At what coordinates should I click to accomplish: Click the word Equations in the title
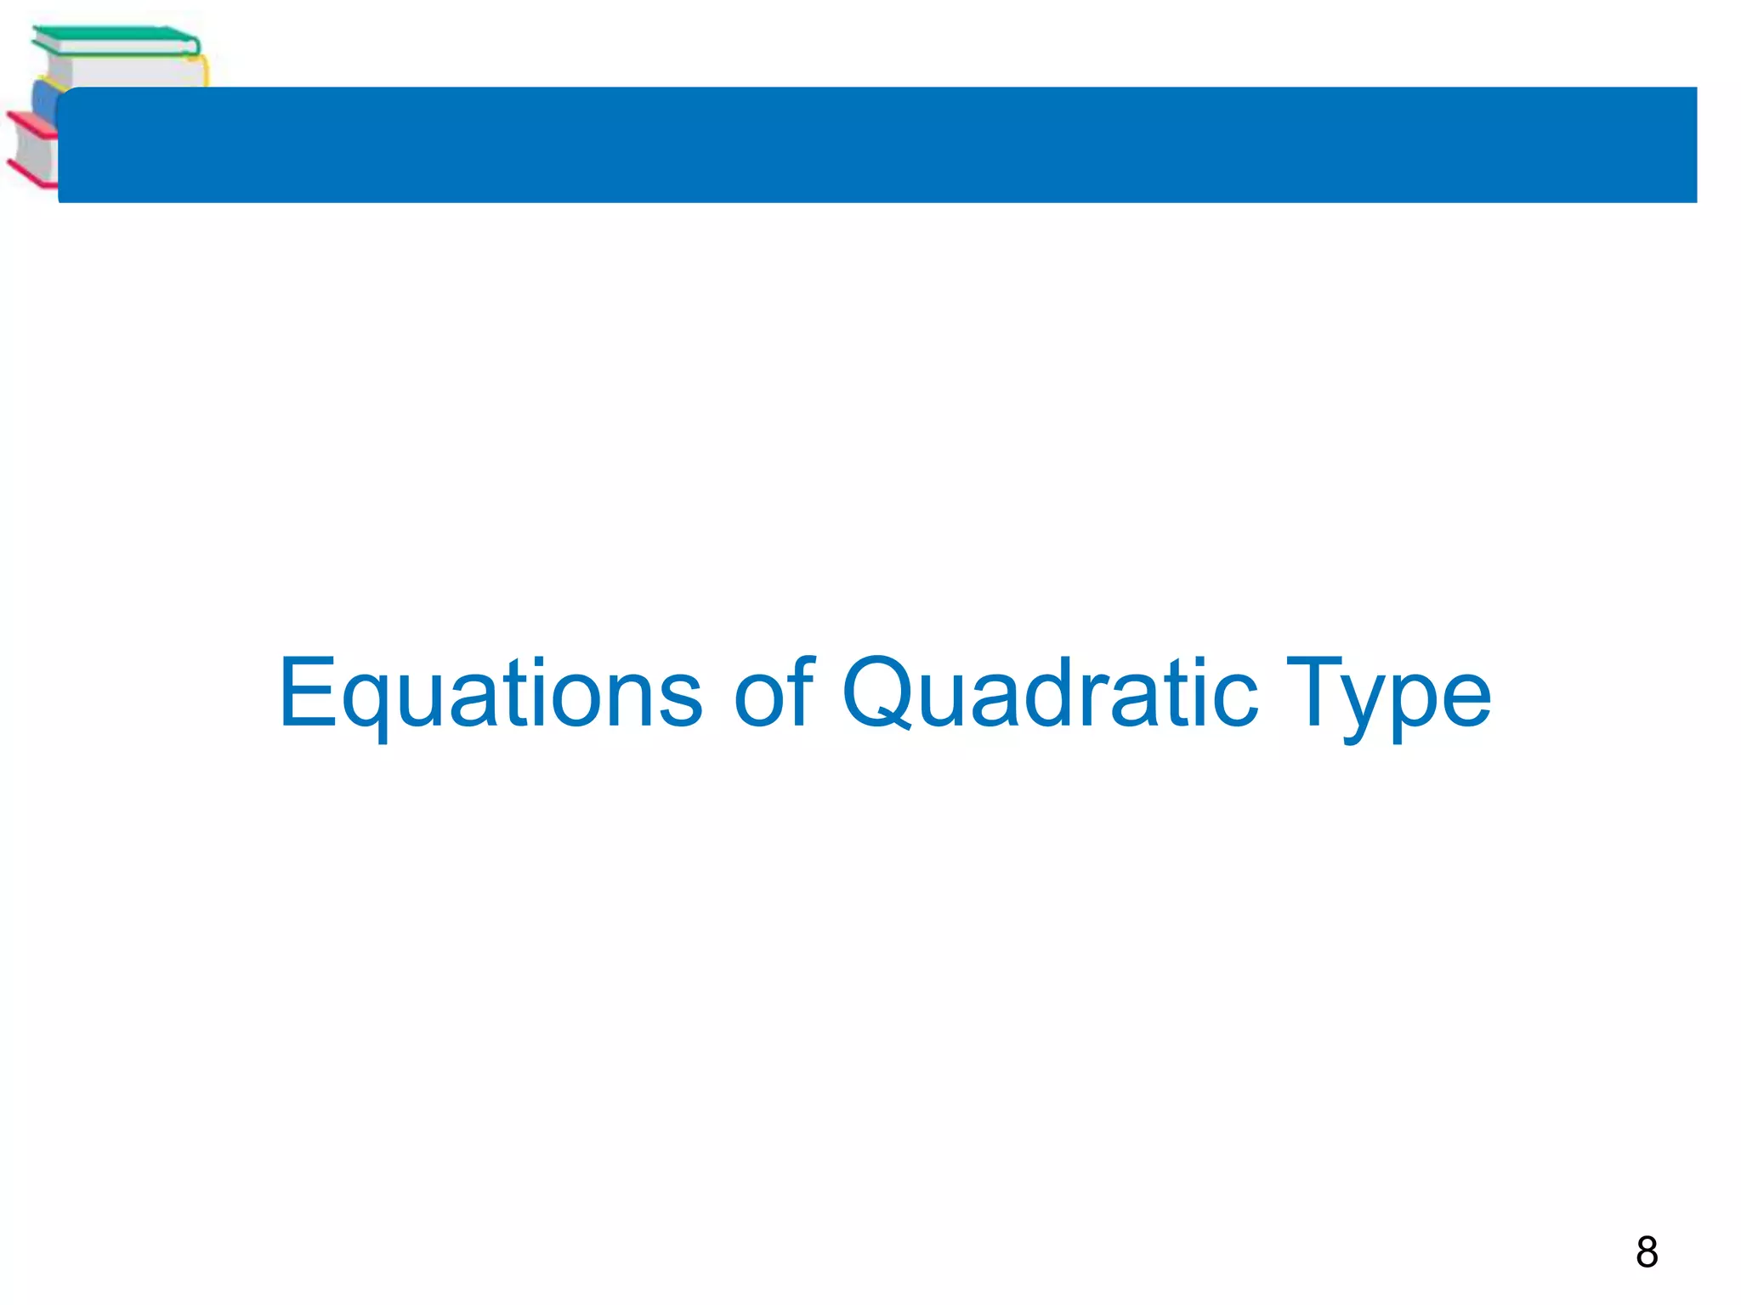pyautogui.click(x=491, y=692)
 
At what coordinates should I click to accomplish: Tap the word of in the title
pyautogui.click(x=773, y=692)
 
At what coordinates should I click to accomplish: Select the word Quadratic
pyautogui.click(x=1049, y=692)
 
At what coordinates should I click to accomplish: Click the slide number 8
pyautogui.click(x=1647, y=1252)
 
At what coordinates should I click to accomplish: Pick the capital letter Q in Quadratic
pyautogui.click(x=885, y=692)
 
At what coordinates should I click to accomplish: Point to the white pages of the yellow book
pyautogui.click(x=128, y=71)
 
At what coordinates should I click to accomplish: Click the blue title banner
pyautogui.click(x=876, y=144)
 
